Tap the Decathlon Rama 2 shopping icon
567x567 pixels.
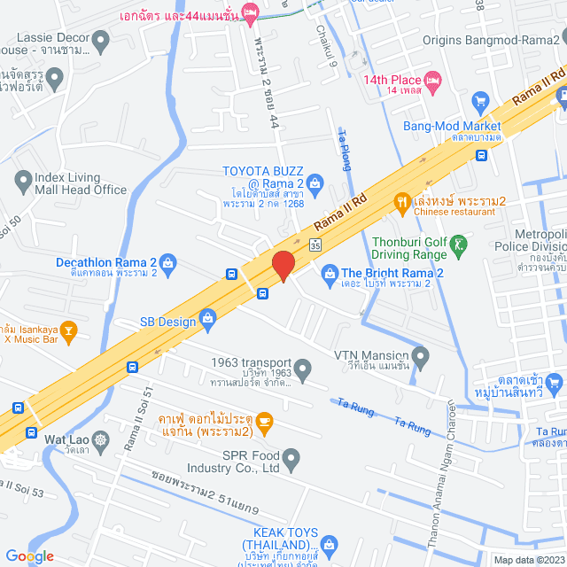(169, 262)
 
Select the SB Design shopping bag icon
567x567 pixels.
(208, 316)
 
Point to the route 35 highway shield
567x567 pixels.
(315, 245)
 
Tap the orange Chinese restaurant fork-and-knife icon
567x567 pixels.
(402, 200)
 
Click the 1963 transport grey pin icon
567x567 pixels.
(303, 367)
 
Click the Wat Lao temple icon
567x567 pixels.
(102, 439)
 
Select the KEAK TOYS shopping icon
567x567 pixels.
(329, 542)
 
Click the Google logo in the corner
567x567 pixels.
(29, 556)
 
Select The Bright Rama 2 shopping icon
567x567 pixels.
(330, 273)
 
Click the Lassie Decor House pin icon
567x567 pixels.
(101, 40)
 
